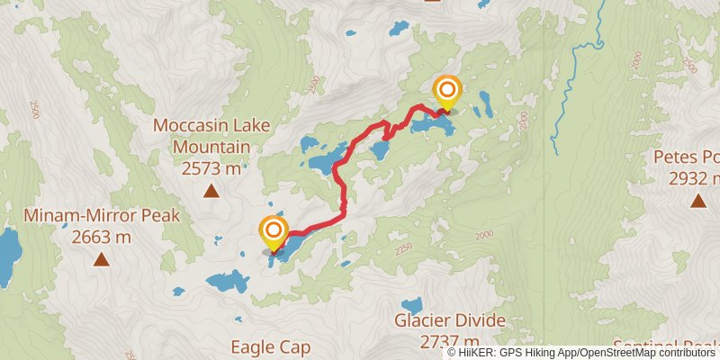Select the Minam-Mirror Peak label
pyautogui.click(x=103, y=216)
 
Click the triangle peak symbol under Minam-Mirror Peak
pyautogui.click(x=102, y=260)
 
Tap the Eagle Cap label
pyautogui.click(x=270, y=346)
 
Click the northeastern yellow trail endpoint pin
pyautogui.click(x=447, y=91)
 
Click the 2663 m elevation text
pyautogui.click(x=102, y=238)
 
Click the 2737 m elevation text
pyautogui.click(x=450, y=341)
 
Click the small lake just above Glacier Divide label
pyautogui.click(x=411, y=305)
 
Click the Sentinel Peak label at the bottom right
pyautogui.click(x=666, y=346)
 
